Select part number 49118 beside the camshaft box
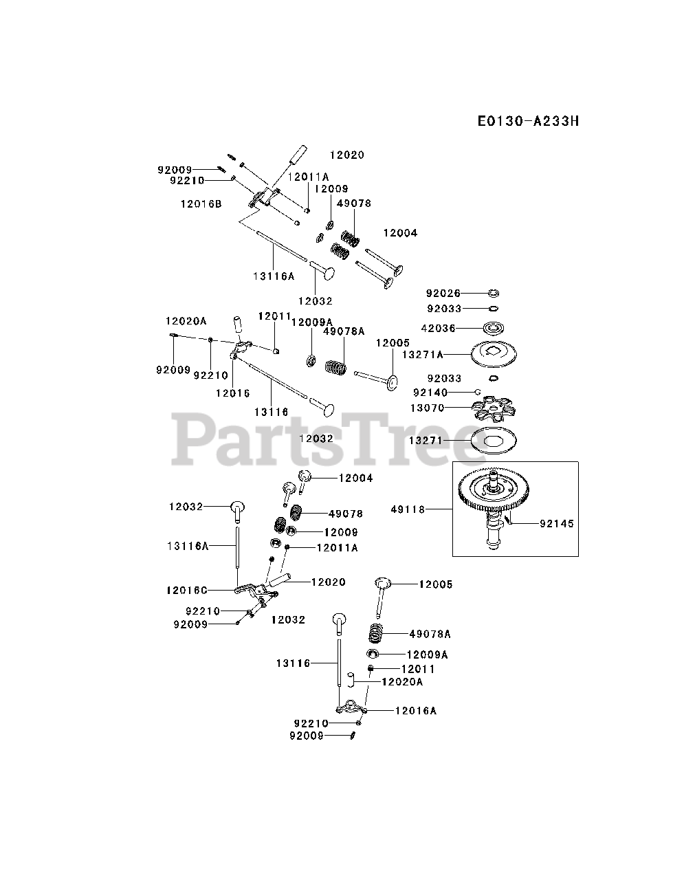pyautogui.click(x=408, y=509)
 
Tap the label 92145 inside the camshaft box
pyautogui.click(x=556, y=523)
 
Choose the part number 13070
pyautogui.click(x=427, y=408)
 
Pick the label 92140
pyautogui.click(x=430, y=393)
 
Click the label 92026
pyautogui.click(x=443, y=293)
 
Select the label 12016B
pyautogui.click(x=201, y=203)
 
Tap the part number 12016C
pyautogui.click(x=186, y=590)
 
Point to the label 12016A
pyautogui.click(x=415, y=711)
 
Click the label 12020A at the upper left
pyautogui.click(x=186, y=320)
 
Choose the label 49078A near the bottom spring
pyautogui.click(x=430, y=634)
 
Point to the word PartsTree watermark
pyautogui.click(x=323, y=440)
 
